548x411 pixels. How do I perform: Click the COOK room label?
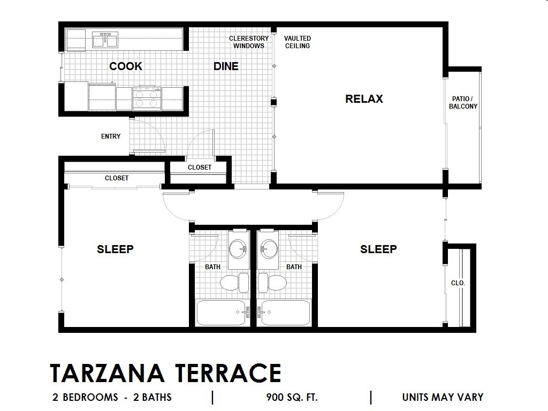126,66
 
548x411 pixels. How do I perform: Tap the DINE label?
226,66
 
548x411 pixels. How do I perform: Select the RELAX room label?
364,99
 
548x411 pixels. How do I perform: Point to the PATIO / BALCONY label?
463,103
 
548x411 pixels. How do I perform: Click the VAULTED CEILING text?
297,42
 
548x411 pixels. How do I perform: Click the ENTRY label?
111,136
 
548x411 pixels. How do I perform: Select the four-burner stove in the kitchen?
147,98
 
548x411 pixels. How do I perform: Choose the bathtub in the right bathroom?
284,313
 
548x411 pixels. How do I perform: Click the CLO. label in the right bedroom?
458,283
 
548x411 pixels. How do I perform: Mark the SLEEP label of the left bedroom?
115,249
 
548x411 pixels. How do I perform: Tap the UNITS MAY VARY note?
443,398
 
